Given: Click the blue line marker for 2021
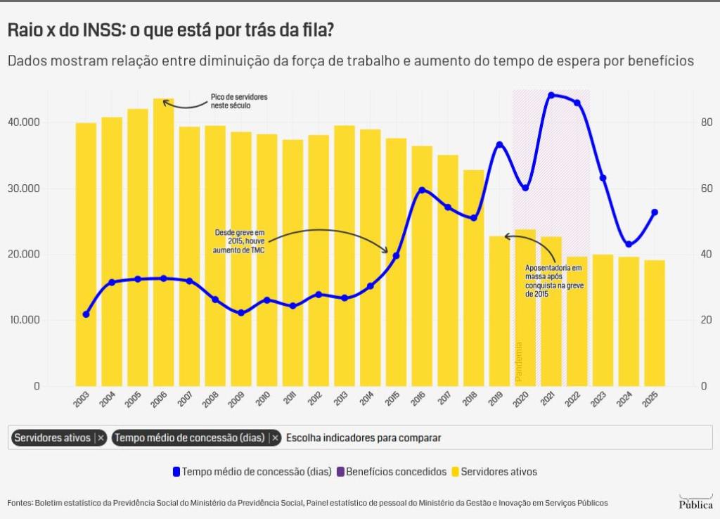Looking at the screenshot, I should point(551,95).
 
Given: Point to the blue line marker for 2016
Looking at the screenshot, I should point(422,190).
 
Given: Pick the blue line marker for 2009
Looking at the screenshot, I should point(241,313).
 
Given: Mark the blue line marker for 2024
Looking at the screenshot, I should point(629,244).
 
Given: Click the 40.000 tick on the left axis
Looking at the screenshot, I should point(24,122).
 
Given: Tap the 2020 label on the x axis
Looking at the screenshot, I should point(520,399).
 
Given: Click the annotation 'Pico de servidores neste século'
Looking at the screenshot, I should point(239,101).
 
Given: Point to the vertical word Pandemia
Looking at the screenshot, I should point(520,361).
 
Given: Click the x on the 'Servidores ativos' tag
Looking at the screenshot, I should point(101,438).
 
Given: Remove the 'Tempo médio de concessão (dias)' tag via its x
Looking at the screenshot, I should point(275,438).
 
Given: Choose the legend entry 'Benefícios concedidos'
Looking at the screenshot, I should point(397,472).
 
